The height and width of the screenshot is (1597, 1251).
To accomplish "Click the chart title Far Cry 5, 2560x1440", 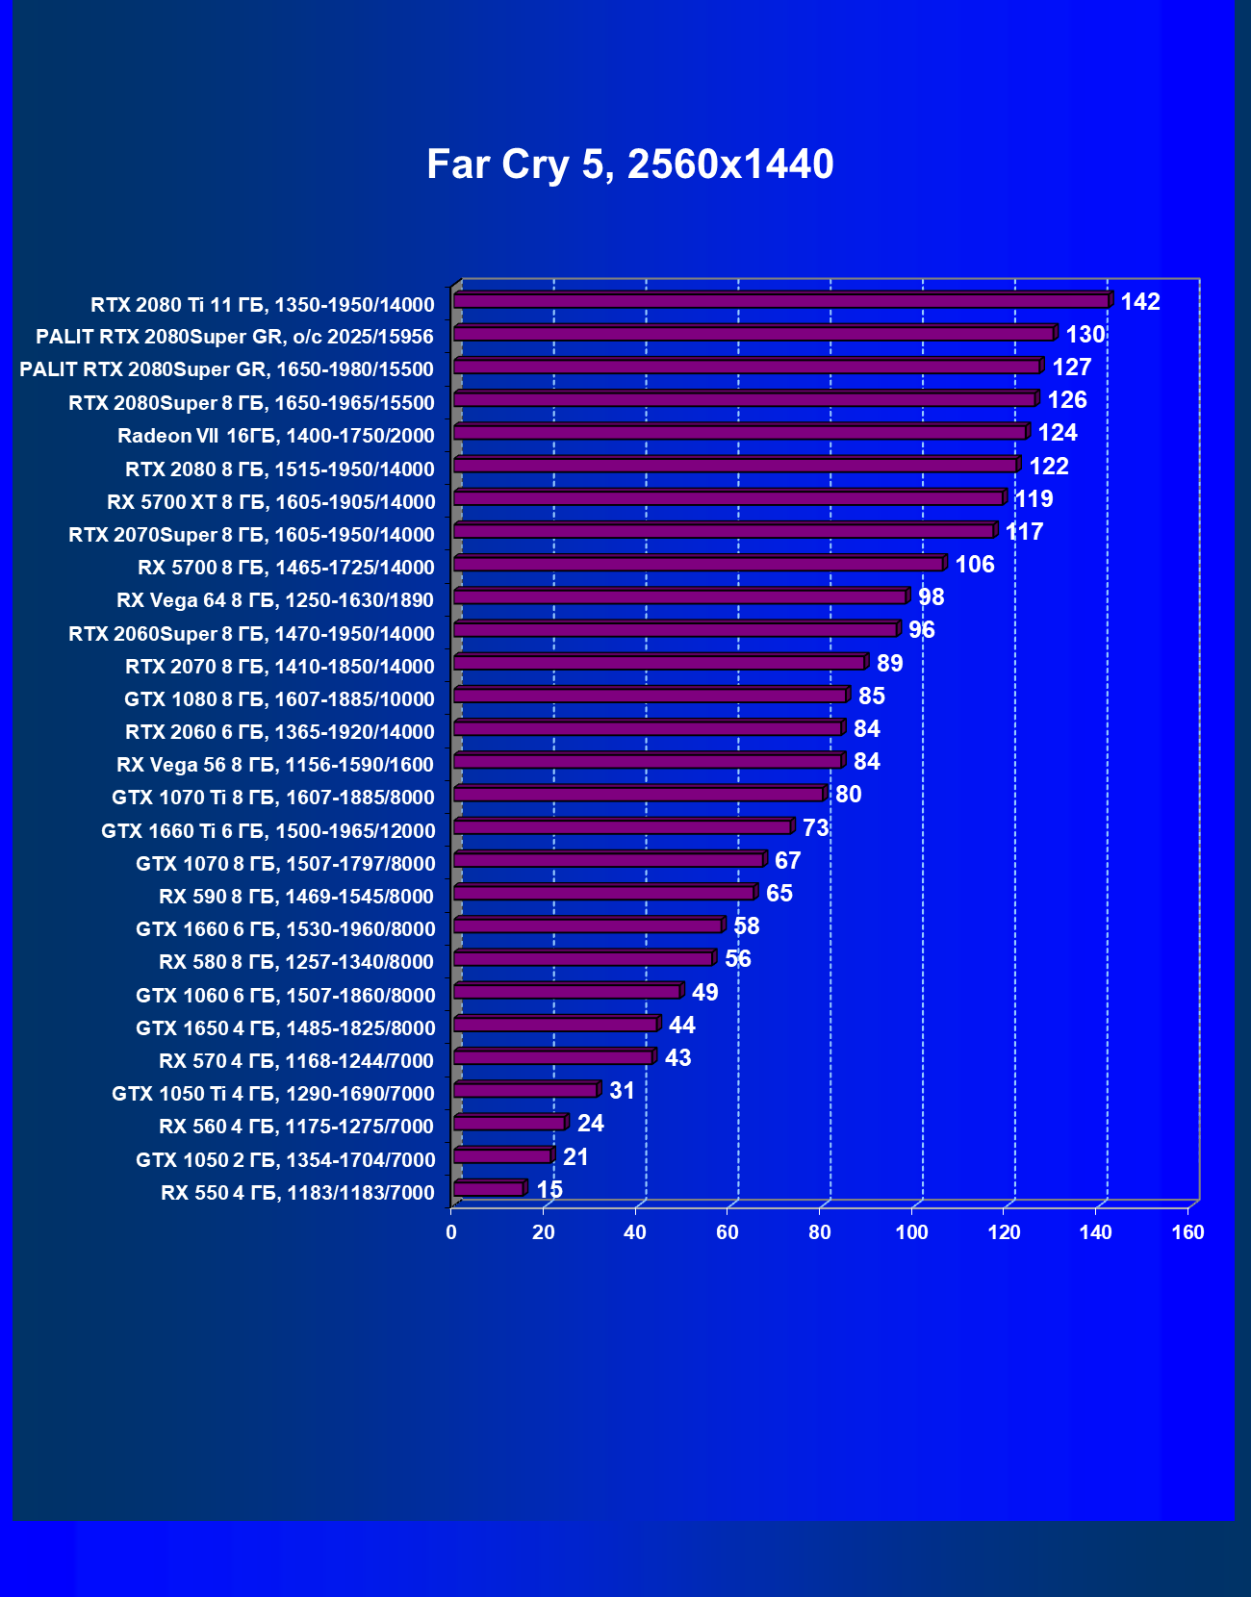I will click(629, 165).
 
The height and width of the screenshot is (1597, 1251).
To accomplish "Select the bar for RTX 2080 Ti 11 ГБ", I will click(780, 301).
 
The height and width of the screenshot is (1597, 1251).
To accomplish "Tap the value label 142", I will click(1140, 302).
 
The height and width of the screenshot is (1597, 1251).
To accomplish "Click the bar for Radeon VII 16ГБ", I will click(739, 433).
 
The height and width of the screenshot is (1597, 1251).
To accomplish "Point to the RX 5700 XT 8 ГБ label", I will click(270, 502).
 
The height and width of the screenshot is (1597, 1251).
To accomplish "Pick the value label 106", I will click(975, 565).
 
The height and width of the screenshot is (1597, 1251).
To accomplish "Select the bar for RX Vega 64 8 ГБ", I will click(679, 597).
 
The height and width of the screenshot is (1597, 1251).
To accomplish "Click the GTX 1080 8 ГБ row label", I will click(279, 699).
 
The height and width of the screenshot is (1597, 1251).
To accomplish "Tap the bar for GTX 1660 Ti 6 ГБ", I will click(622, 827).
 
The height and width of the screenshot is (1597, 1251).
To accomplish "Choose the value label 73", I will click(815, 828).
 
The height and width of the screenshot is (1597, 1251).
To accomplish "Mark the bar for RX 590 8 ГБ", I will click(603, 893).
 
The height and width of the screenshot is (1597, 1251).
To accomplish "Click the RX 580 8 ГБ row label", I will click(296, 962).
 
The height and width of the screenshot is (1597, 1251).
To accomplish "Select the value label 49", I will click(704, 993).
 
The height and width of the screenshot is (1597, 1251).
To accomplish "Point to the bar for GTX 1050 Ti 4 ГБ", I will click(525, 1090).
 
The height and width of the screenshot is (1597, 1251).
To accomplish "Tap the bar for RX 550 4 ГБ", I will click(489, 1189).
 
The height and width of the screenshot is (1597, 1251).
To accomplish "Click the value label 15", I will click(549, 1190).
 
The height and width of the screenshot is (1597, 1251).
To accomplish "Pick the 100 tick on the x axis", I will click(911, 1232).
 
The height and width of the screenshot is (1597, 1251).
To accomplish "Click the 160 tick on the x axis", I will click(1187, 1232).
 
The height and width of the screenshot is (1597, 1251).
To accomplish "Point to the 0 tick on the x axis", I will click(451, 1232).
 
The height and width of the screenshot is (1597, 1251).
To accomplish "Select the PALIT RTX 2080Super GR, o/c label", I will click(235, 337).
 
